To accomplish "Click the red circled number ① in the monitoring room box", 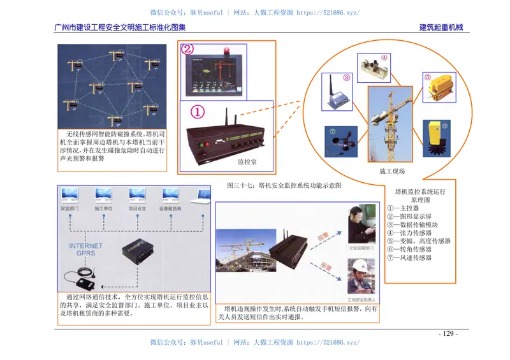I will pos(197,112).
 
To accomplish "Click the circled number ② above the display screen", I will pos(187,48).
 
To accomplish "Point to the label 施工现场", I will pos(391,171).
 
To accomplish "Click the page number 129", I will pos(448,334).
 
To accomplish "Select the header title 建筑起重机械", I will pos(441,27).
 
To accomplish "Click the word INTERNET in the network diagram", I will pos(85,245).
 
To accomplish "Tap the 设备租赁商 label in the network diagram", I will pos(170,208).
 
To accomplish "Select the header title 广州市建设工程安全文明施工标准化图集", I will pos(120,27).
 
